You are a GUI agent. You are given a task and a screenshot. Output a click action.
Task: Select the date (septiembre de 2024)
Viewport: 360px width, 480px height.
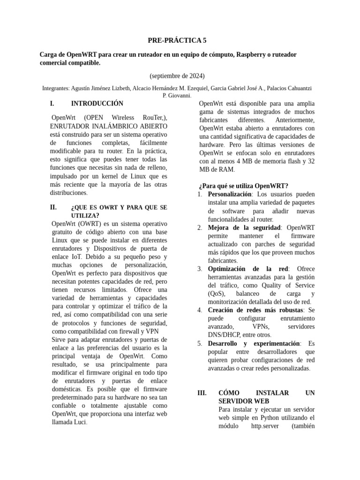coord(177,75)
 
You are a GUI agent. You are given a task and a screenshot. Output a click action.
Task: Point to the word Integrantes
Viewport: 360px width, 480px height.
coord(56,88)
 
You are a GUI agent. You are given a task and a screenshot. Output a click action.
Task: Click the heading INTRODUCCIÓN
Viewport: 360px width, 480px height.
coord(97,103)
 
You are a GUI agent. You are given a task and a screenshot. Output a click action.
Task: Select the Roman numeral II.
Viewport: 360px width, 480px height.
coord(53,207)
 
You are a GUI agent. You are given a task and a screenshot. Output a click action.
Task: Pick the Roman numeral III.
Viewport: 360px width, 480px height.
coord(202,393)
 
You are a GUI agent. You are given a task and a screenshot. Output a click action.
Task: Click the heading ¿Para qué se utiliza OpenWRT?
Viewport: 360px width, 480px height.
coord(243,186)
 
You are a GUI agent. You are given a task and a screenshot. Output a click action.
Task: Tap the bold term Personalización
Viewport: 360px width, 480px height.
coord(230,194)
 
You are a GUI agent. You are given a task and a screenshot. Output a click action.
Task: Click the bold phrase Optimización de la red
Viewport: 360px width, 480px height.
coord(247,269)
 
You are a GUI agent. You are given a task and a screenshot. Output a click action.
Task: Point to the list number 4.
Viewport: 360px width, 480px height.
coord(200,310)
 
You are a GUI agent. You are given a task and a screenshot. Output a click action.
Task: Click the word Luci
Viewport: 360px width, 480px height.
coord(79,422)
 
